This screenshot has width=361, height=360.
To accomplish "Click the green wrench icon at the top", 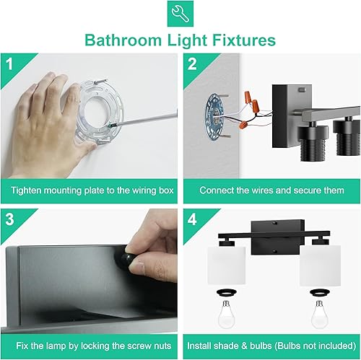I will [180, 14].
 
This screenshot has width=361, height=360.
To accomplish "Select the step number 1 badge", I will [9, 63].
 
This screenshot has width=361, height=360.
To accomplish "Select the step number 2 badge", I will [192, 63].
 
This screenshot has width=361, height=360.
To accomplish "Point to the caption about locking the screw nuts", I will [89, 346].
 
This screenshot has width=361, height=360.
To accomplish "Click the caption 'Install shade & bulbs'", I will [271, 346].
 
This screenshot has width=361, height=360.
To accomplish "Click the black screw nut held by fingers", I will [132, 262].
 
